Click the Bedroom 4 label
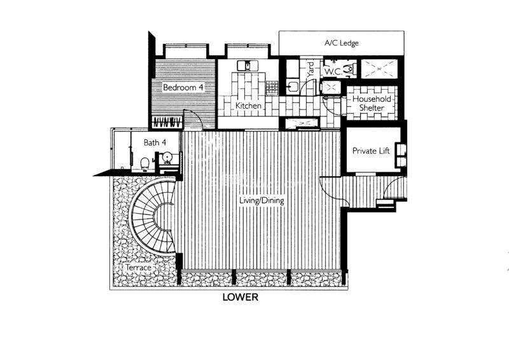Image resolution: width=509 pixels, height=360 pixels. [x=183, y=87]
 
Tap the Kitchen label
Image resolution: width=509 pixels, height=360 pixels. [x=248, y=106]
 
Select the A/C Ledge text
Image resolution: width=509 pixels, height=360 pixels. [x=342, y=43]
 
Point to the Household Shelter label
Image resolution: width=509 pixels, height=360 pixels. [x=372, y=103]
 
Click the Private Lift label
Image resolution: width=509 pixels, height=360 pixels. [x=371, y=151]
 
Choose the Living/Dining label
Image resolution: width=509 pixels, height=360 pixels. [x=261, y=200]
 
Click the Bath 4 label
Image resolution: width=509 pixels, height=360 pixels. [x=155, y=142]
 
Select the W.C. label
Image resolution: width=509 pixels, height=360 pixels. [x=333, y=72]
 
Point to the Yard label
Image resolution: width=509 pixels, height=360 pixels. [x=310, y=69]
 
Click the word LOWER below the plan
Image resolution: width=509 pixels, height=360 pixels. [x=241, y=297]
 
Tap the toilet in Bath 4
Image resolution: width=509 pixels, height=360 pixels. [x=145, y=163]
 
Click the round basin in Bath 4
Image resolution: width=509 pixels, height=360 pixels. [x=167, y=158]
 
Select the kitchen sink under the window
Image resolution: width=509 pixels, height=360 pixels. [x=248, y=66]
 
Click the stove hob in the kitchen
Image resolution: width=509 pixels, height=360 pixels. [x=272, y=88]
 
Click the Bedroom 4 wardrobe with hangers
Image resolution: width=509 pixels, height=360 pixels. [x=167, y=122]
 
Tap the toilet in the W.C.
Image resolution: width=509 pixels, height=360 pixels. [x=349, y=69]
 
